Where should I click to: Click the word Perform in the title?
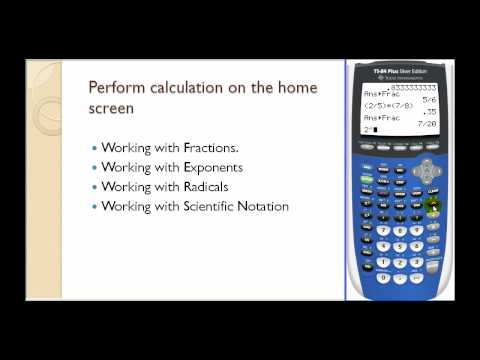(x=110, y=86)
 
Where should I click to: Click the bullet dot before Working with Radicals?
(x=96, y=187)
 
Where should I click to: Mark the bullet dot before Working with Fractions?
(x=96, y=147)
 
